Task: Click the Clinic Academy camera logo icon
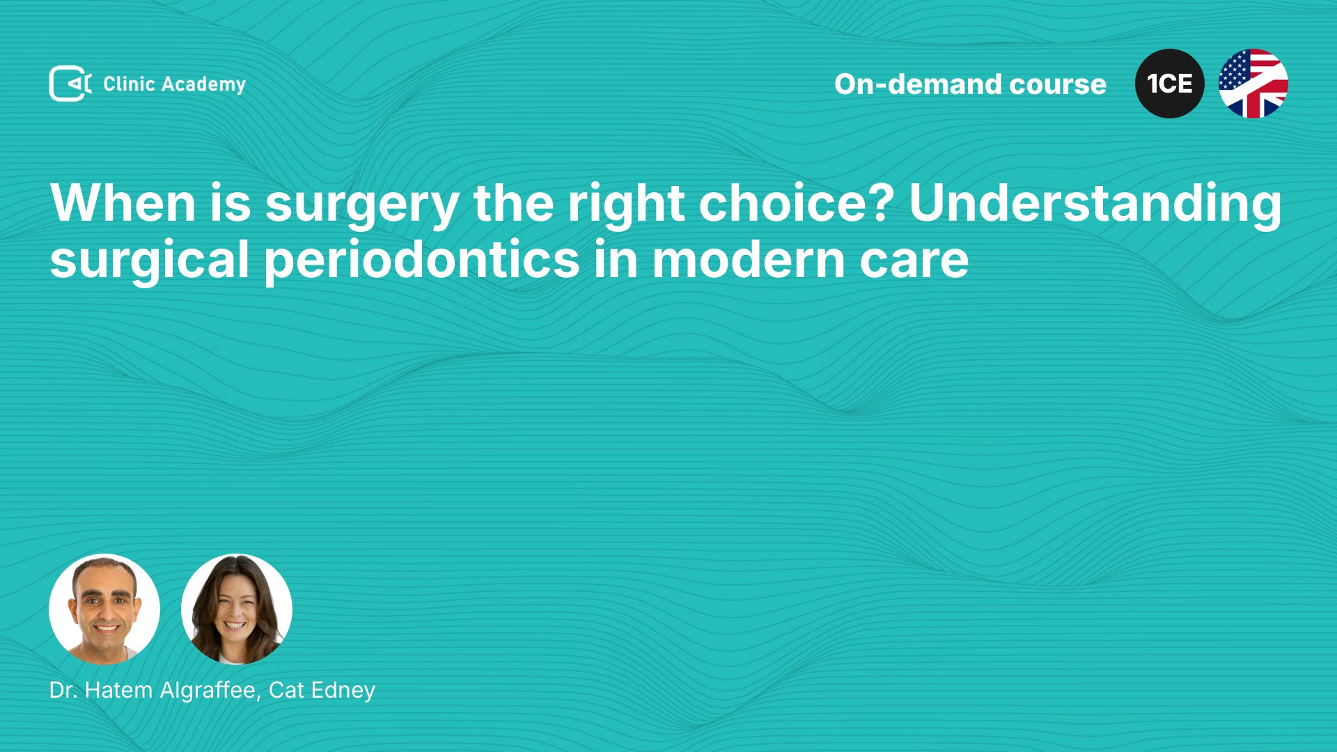(70, 84)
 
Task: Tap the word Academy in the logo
(203, 85)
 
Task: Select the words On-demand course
(970, 84)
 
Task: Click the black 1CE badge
(1169, 84)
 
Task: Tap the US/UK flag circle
(1253, 84)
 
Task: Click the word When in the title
(123, 203)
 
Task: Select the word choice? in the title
(796, 203)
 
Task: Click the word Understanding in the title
(1095, 205)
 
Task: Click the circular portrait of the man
(104, 609)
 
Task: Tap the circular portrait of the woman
(237, 609)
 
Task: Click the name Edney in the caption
(343, 691)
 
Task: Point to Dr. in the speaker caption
(63, 690)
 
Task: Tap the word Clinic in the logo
(129, 84)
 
